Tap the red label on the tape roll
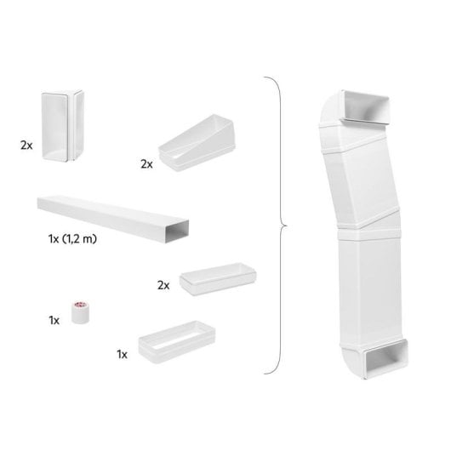tap(82, 304)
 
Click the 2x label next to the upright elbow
tap(26, 146)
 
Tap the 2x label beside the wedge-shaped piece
tap(148, 163)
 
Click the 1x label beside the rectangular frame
tap(123, 351)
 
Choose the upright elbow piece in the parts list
tap(60, 128)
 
